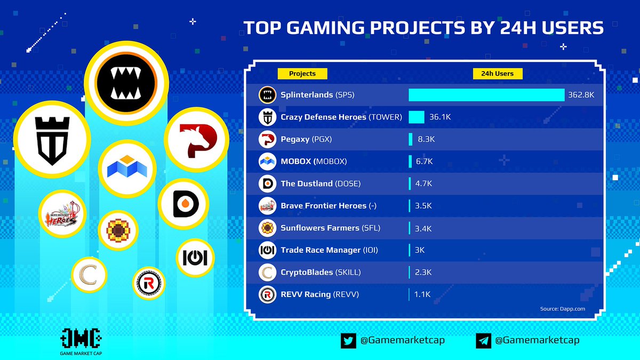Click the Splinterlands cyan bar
[486, 95]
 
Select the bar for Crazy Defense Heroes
[416, 117]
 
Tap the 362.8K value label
[581, 95]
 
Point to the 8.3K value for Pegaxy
[427, 139]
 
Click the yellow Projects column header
[302, 74]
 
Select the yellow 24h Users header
[497, 74]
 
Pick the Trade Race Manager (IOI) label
[329, 250]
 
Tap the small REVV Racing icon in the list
[267, 294]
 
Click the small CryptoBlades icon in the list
[267, 273]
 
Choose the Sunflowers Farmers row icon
[267, 228]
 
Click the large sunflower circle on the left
[118, 230]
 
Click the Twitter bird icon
[348, 340]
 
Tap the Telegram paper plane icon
[483, 340]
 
